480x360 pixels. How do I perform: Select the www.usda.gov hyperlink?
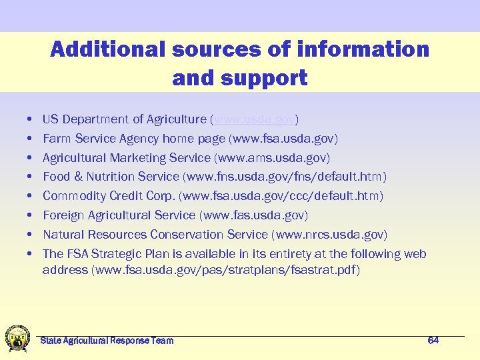pyautogui.click(x=254, y=119)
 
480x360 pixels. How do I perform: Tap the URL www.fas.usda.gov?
pyautogui.click(x=254, y=215)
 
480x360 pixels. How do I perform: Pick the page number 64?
pyautogui.click(x=433, y=341)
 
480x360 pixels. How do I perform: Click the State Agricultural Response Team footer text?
pyautogui.click(x=107, y=341)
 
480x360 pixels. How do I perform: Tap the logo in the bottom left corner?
pyautogui.click(x=17, y=338)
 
